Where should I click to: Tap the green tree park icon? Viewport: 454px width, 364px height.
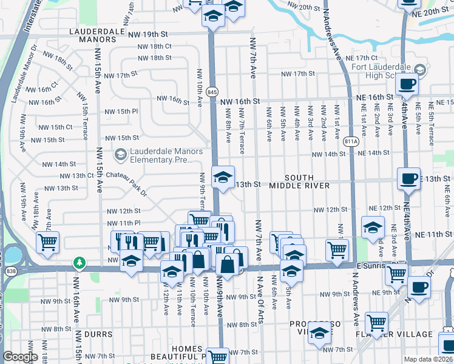click(79, 263)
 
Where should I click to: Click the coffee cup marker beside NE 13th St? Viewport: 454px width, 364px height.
click(408, 178)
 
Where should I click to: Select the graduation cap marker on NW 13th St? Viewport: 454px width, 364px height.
click(223, 178)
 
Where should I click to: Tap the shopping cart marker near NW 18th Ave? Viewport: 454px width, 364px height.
click(47, 242)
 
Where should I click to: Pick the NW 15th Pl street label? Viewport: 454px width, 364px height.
click(121, 112)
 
